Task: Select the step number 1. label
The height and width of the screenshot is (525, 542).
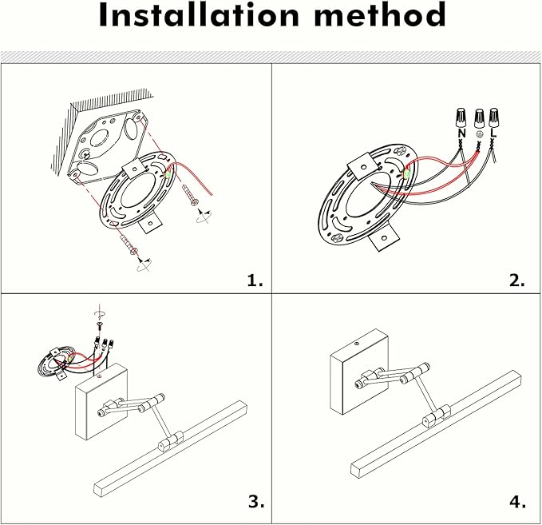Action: pyautogui.click(x=255, y=280)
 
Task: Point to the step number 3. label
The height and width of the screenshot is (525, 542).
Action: pyautogui.click(x=255, y=502)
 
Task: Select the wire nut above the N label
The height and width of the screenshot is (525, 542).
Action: pyautogui.click(x=461, y=118)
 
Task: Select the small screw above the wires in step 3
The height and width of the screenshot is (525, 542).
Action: pyautogui.click(x=101, y=325)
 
